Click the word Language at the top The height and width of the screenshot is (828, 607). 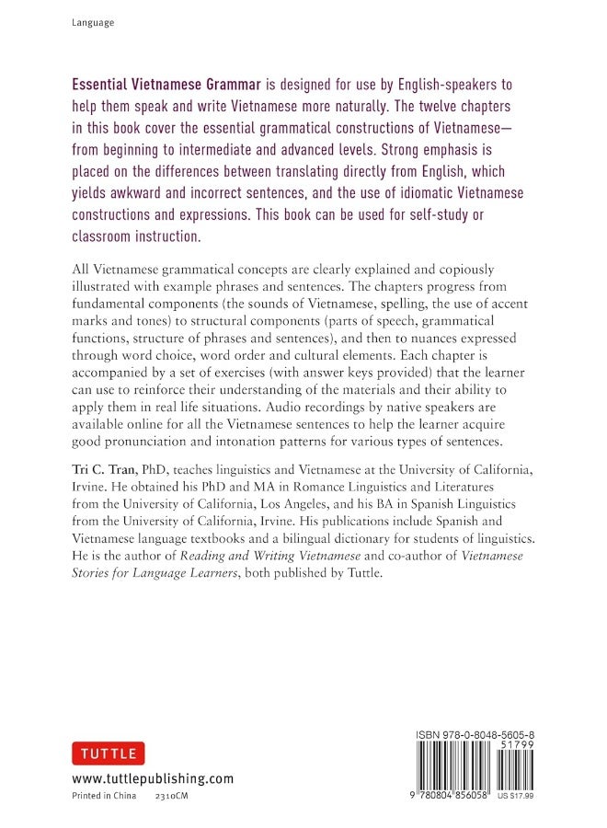coord(93,22)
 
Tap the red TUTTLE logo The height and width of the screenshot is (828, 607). coord(105,753)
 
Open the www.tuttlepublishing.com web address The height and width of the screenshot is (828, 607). coord(153,779)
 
